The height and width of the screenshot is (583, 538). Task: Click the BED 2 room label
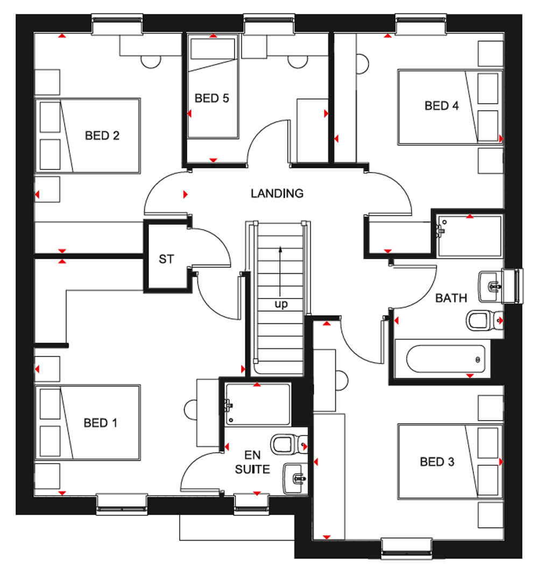click(x=102, y=136)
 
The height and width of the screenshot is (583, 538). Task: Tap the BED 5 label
click(x=211, y=98)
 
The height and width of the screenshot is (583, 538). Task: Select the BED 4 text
click(x=442, y=105)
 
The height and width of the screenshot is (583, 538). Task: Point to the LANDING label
click(x=277, y=193)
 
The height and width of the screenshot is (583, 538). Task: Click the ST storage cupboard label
click(x=166, y=259)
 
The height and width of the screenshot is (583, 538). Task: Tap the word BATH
click(x=451, y=298)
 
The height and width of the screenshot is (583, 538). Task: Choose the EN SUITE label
click(x=252, y=462)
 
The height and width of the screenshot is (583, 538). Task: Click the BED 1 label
click(x=101, y=423)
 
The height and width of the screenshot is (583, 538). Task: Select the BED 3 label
click(x=437, y=462)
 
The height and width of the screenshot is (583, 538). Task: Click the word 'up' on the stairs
click(x=281, y=304)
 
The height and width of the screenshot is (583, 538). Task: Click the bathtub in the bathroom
click(x=445, y=359)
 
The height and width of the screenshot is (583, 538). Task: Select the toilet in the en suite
click(x=289, y=445)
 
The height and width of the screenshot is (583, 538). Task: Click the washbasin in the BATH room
click(x=491, y=287)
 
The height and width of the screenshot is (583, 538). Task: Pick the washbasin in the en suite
click(x=295, y=478)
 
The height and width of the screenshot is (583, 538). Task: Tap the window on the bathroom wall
click(x=513, y=286)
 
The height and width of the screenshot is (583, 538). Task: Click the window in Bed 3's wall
click(x=407, y=548)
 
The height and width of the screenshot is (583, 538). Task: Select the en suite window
click(x=252, y=504)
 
